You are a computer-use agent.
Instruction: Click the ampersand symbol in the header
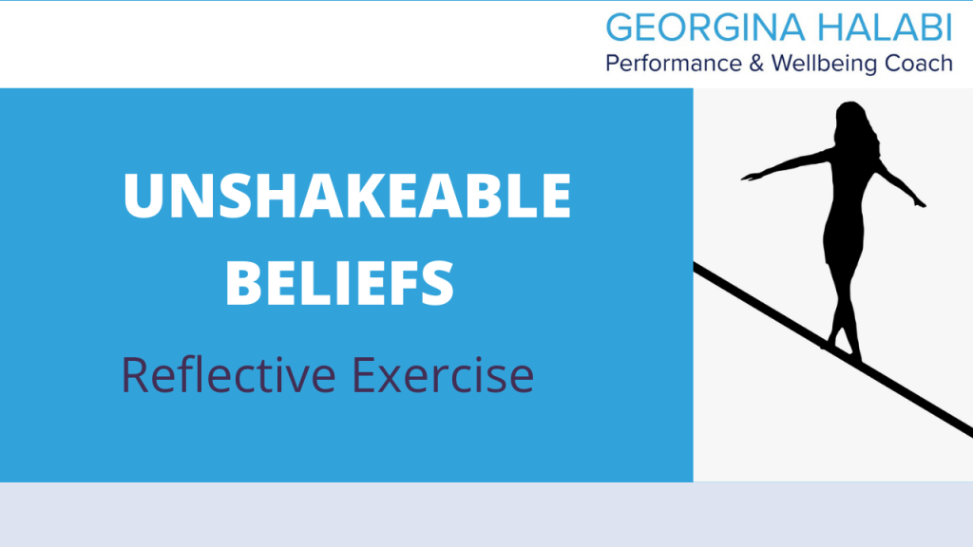[756, 64]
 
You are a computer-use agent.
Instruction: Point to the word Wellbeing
[825, 64]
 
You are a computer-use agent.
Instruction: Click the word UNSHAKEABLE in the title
[347, 196]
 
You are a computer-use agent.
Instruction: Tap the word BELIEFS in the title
[339, 283]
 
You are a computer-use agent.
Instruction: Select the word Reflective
[228, 374]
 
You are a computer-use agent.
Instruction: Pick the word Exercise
[443, 374]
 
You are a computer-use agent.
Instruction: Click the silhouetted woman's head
[851, 118]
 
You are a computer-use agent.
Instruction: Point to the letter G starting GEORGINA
[620, 28]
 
